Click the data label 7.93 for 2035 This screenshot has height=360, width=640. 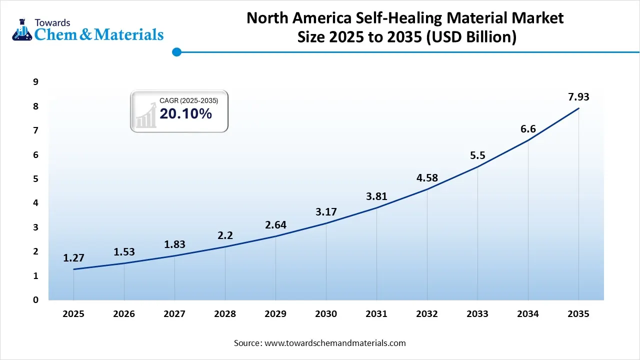[x=578, y=97]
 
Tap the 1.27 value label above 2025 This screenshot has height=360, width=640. [x=73, y=258]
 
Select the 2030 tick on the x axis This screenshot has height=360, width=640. [x=325, y=314]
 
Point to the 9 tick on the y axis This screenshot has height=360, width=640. [x=35, y=82]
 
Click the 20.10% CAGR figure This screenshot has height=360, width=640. [x=185, y=114]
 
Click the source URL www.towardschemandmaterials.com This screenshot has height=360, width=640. [x=334, y=343]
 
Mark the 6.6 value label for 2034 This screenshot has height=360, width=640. [x=528, y=129]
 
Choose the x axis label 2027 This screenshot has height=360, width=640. [x=174, y=314]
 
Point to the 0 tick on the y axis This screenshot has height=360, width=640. [x=35, y=300]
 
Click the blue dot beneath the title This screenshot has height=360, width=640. [x=176, y=51]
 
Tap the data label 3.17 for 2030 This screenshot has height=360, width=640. [x=325, y=212]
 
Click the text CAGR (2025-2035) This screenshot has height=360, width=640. [x=188, y=100]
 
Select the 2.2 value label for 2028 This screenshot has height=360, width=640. [x=225, y=235]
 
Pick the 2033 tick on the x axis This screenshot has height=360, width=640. [x=477, y=314]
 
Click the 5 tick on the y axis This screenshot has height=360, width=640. [x=35, y=179]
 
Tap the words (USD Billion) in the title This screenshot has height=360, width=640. [x=471, y=37]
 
